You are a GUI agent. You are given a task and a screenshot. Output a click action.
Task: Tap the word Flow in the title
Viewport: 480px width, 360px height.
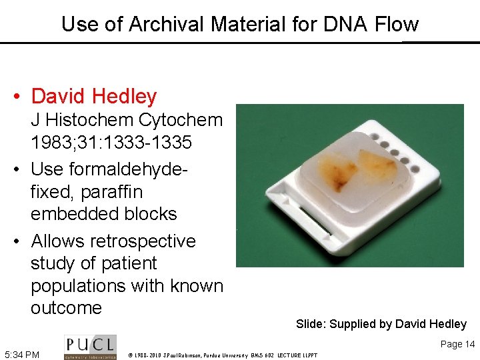click(x=395, y=25)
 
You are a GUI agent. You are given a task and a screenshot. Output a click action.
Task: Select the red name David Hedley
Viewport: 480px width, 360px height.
click(x=93, y=97)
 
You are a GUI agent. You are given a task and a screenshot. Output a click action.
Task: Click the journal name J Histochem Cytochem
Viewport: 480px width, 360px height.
click(x=127, y=120)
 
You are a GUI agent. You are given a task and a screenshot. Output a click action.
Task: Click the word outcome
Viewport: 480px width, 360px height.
click(x=66, y=308)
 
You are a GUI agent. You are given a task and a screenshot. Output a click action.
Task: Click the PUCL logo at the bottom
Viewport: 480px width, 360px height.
click(x=90, y=347)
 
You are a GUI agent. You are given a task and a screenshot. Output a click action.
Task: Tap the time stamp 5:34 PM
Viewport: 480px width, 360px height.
click(x=22, y=354)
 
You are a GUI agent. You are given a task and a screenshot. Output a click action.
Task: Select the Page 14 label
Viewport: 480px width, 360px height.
click(x=457, y=344)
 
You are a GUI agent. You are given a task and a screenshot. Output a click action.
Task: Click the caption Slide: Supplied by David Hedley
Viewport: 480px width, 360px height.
click(x=381, y=325)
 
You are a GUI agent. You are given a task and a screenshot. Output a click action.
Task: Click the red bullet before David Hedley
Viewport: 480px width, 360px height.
click(x=17, y=97)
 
